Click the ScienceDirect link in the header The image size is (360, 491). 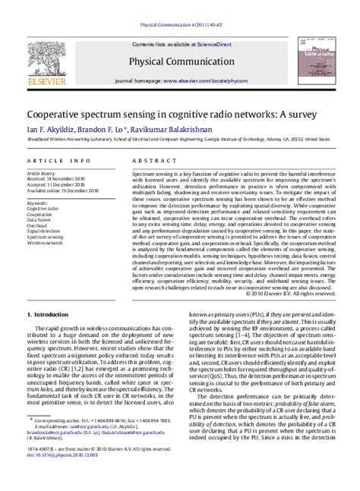219,45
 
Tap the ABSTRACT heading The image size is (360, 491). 150,161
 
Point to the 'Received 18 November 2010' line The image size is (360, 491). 55,178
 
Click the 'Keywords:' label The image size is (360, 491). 39,203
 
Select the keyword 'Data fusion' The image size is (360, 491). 41,219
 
